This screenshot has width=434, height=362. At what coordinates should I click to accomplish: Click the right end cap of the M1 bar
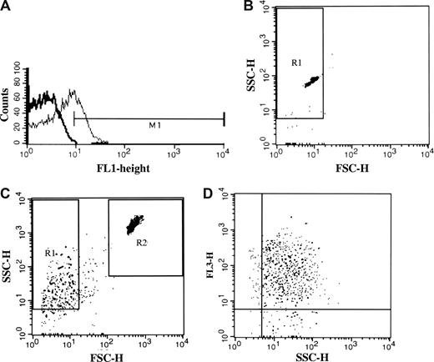coord(224,119)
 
